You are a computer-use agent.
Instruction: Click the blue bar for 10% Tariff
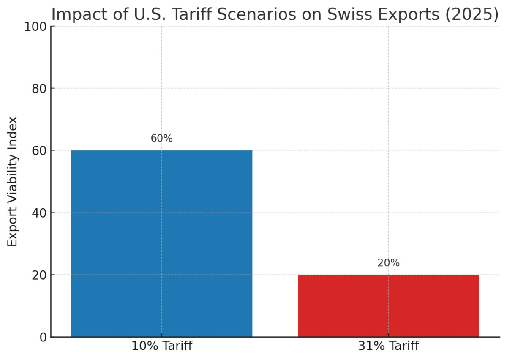(161, 243)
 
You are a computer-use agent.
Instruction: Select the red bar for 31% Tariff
(388, 305)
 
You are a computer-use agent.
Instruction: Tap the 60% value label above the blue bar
(161, 139)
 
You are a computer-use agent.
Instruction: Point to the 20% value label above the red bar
(388, 263)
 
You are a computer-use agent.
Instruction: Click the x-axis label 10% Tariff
(161, 346)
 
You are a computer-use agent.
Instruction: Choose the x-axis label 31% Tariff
(388, 346)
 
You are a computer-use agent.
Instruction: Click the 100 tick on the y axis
(36, 26)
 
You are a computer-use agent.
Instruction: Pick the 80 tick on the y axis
(39, 88)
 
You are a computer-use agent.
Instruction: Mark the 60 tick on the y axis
(39, 150)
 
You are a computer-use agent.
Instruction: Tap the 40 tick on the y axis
(39, 213)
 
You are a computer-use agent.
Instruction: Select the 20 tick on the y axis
(39, 275)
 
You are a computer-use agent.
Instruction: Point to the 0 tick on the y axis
(43, 337)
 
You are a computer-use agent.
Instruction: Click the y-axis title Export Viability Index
(13, 182)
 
